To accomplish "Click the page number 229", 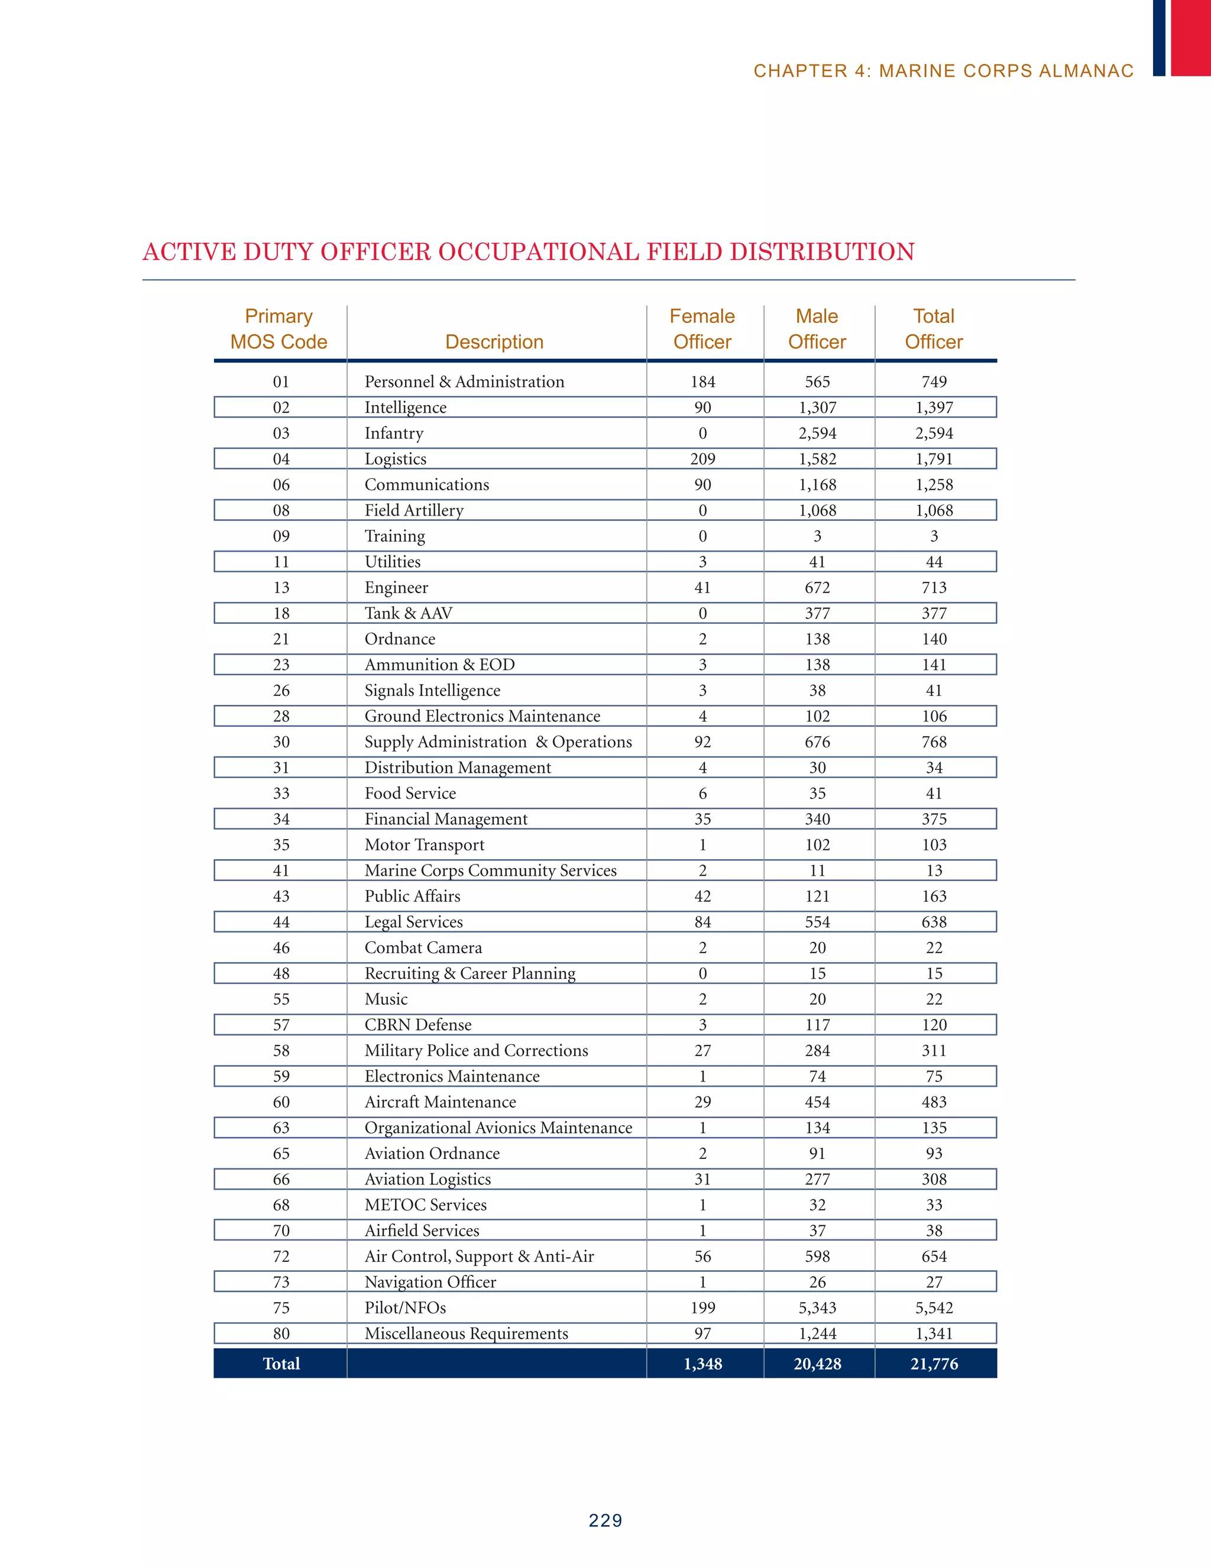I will [x=605, y=1520].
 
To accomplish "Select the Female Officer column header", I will [x=702, y=329].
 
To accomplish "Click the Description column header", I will [x=494, y=342].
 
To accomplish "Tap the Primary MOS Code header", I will [x=279, y=329].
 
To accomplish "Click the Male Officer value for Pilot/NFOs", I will [x=817, y=1308].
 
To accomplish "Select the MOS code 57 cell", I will [x=281, y=1025].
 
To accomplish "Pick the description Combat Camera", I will [x=423, y=948].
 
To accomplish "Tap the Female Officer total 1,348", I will [x=702, y=1364].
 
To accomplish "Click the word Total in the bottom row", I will [x=281, y=1364].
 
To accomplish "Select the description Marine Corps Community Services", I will [x=490, y=870].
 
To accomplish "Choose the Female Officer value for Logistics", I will [x=702, y=459].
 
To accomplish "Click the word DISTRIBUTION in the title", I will [x=821, y=252].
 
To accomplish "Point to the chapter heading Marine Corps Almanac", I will [x=943, y=71].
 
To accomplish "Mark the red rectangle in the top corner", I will [x=1190, y=37].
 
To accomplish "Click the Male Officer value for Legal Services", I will [x=817, y=922].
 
